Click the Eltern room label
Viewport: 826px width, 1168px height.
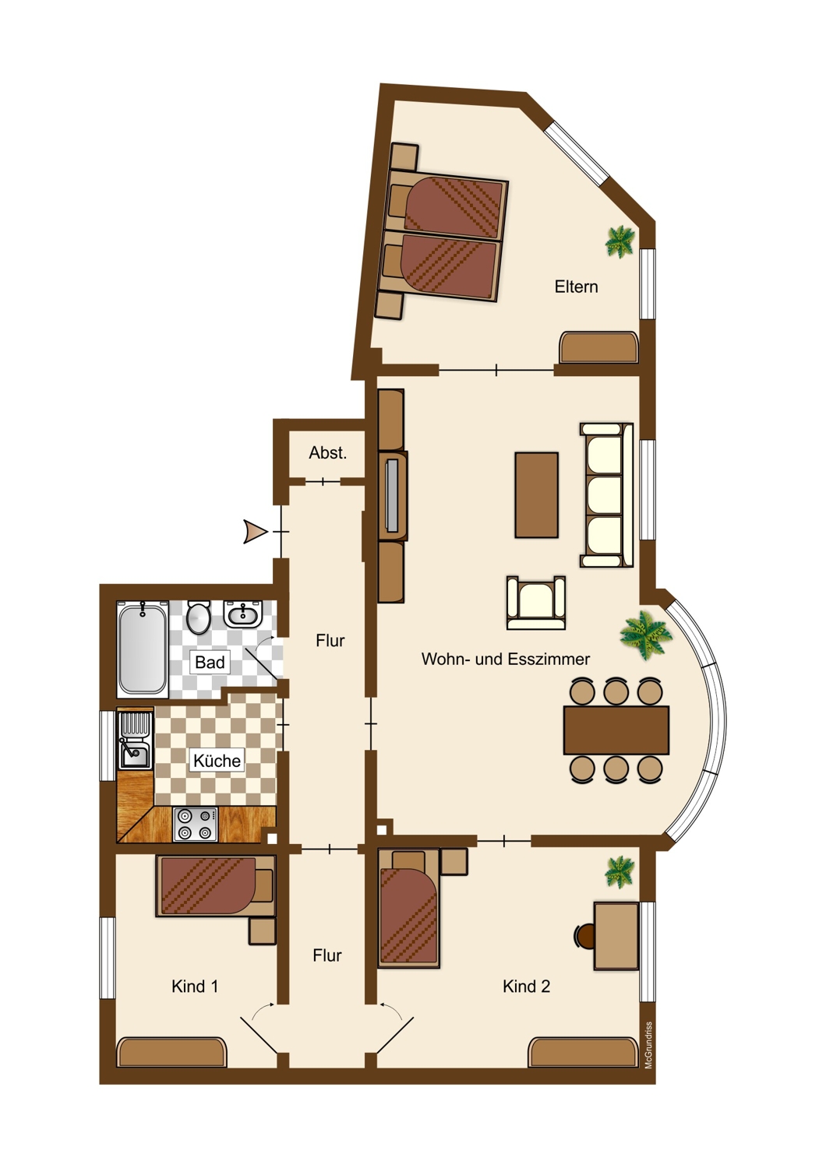[576, 287]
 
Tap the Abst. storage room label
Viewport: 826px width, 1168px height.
[328, 452]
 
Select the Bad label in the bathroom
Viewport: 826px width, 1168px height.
[210, 662]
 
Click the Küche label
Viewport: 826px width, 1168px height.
[217, 761]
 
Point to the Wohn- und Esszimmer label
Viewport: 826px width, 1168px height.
[506, 659]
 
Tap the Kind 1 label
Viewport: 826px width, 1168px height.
[195, 987]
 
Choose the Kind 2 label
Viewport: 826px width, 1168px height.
[526, 987]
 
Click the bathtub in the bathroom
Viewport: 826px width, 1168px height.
[142, 649]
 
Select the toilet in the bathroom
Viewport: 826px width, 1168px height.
[198, 617]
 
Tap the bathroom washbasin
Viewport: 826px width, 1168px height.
[242, 614]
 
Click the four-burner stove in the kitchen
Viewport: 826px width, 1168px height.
[195, 825]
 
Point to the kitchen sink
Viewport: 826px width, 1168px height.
[135, 741]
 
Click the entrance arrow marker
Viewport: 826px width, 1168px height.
[255, 532]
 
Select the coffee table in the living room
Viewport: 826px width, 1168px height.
[536, 494]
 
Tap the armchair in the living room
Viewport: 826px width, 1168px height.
[536, 603]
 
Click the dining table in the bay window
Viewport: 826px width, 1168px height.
[616, 730]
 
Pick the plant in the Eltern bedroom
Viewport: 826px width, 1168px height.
[620, 241]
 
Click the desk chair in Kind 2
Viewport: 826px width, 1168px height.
[584, 936]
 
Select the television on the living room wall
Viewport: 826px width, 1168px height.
[392, 495]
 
